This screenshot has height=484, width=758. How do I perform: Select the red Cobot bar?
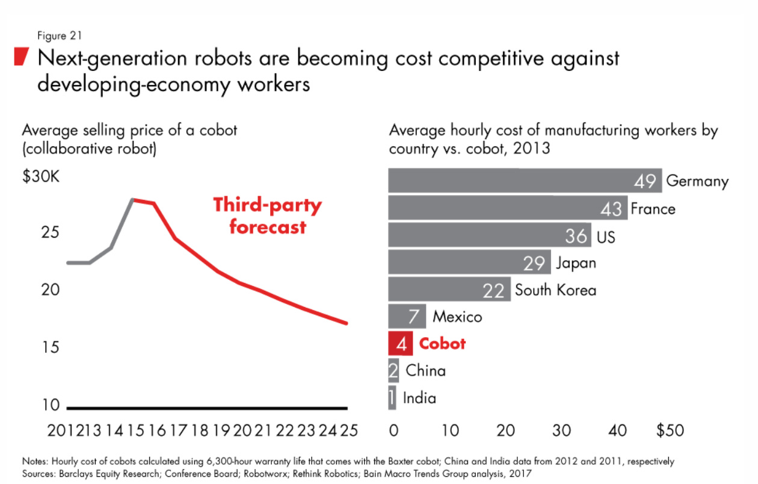point(401,344)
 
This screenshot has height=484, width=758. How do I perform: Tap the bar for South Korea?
point(448,290)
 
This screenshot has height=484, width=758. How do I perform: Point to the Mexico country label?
point(457,316)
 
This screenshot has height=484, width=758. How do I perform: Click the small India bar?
point(392,398)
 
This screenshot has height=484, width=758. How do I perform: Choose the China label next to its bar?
point(425,370)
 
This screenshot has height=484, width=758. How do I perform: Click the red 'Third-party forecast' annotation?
point(267,216)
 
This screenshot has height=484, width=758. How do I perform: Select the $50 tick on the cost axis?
point(670,430)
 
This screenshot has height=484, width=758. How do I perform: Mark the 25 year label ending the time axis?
point(348,430)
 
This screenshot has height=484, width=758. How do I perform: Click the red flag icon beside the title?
point(21,57)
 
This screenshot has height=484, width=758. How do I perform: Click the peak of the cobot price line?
point(134,199)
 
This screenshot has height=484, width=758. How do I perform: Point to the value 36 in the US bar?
point(576,236)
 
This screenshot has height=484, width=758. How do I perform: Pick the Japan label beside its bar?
point(576,263)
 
